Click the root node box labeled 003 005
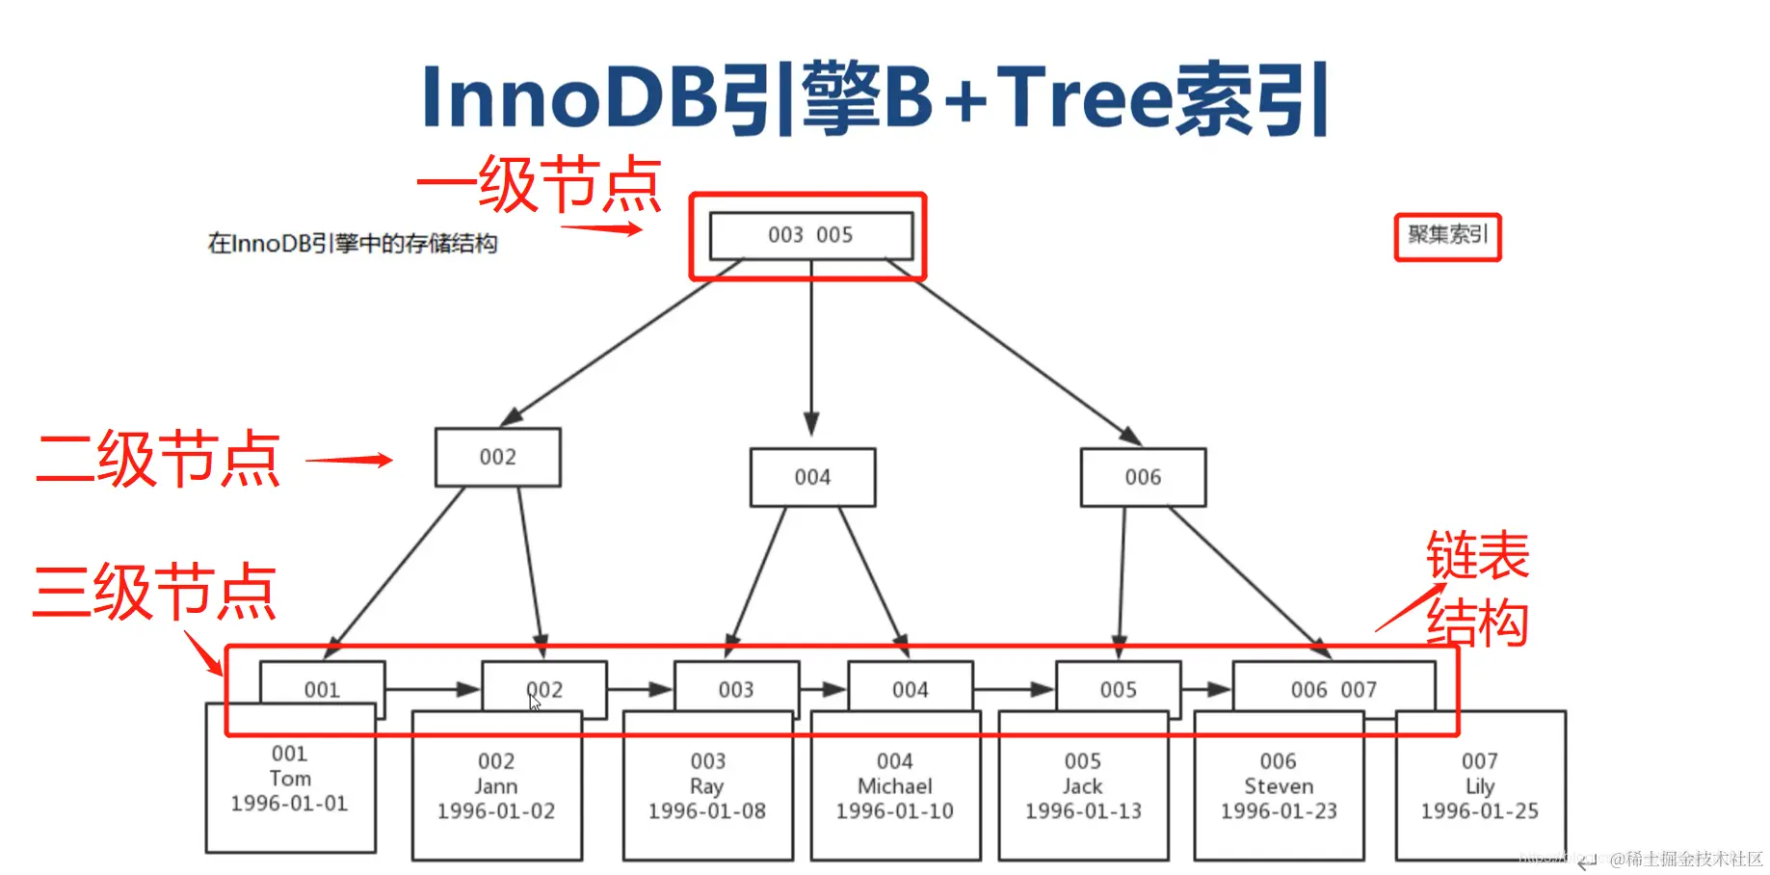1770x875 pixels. coord(810,235)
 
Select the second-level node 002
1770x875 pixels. coord(497,457)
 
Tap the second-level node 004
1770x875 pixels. coord(812,477)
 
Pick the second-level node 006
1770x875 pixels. coord(1143,477)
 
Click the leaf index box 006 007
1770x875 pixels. coord(1334,689)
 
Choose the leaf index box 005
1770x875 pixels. coord(1118,689)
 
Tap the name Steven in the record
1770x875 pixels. coord(1279,786)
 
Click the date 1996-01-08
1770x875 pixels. coord(707,811)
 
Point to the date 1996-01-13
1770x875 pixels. coord(1083,811)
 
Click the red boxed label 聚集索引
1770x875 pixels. coord(1447,236)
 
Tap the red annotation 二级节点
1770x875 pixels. coord(159,459)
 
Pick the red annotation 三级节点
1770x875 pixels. coord(154,591)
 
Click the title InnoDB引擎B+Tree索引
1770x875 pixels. coord(875,96)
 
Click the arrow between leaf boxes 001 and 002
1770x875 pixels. coord(432,689)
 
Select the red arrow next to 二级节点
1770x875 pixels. coord(349,460)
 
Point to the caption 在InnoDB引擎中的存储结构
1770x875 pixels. coord(353,244)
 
